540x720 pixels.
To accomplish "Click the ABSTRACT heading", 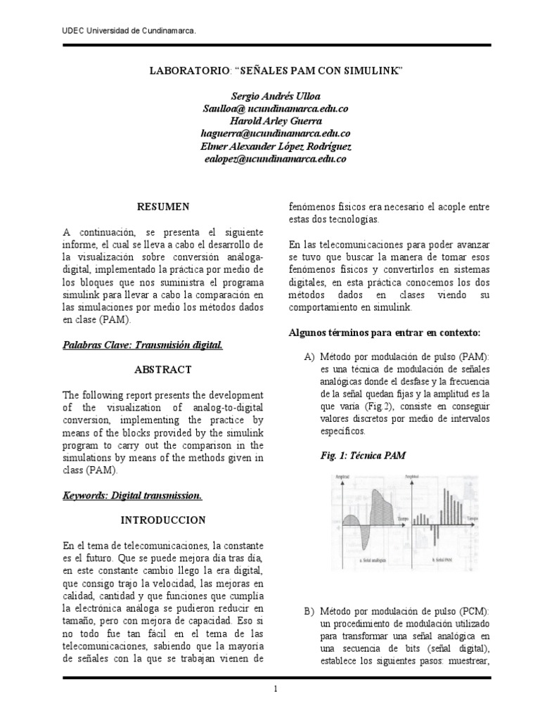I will pyautogui.click(x=162, y=369).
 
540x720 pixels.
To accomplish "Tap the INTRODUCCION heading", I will pyautogui.click(x=162, y=520).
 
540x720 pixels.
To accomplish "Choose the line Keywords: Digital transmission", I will pyautogui.click(x=133, y=496).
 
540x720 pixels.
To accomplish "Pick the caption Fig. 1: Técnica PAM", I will pyautogui.click(x=363, y=456).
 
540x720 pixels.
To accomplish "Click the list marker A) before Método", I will pyautogui.click(x=309, y=357).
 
